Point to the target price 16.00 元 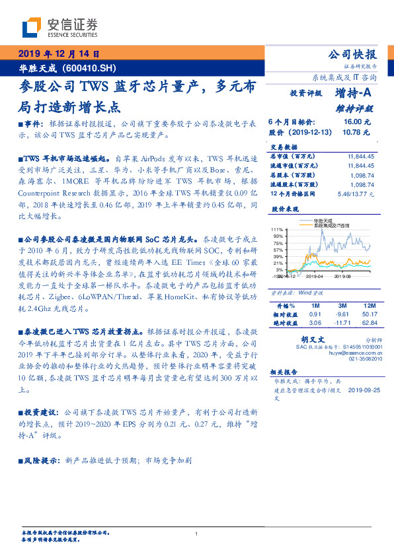pyautogui.click(x=357, y=122)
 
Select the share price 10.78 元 pyautogui.click(x=357, y=132)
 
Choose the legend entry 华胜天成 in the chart pyautogui.click(x=324, y=221)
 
